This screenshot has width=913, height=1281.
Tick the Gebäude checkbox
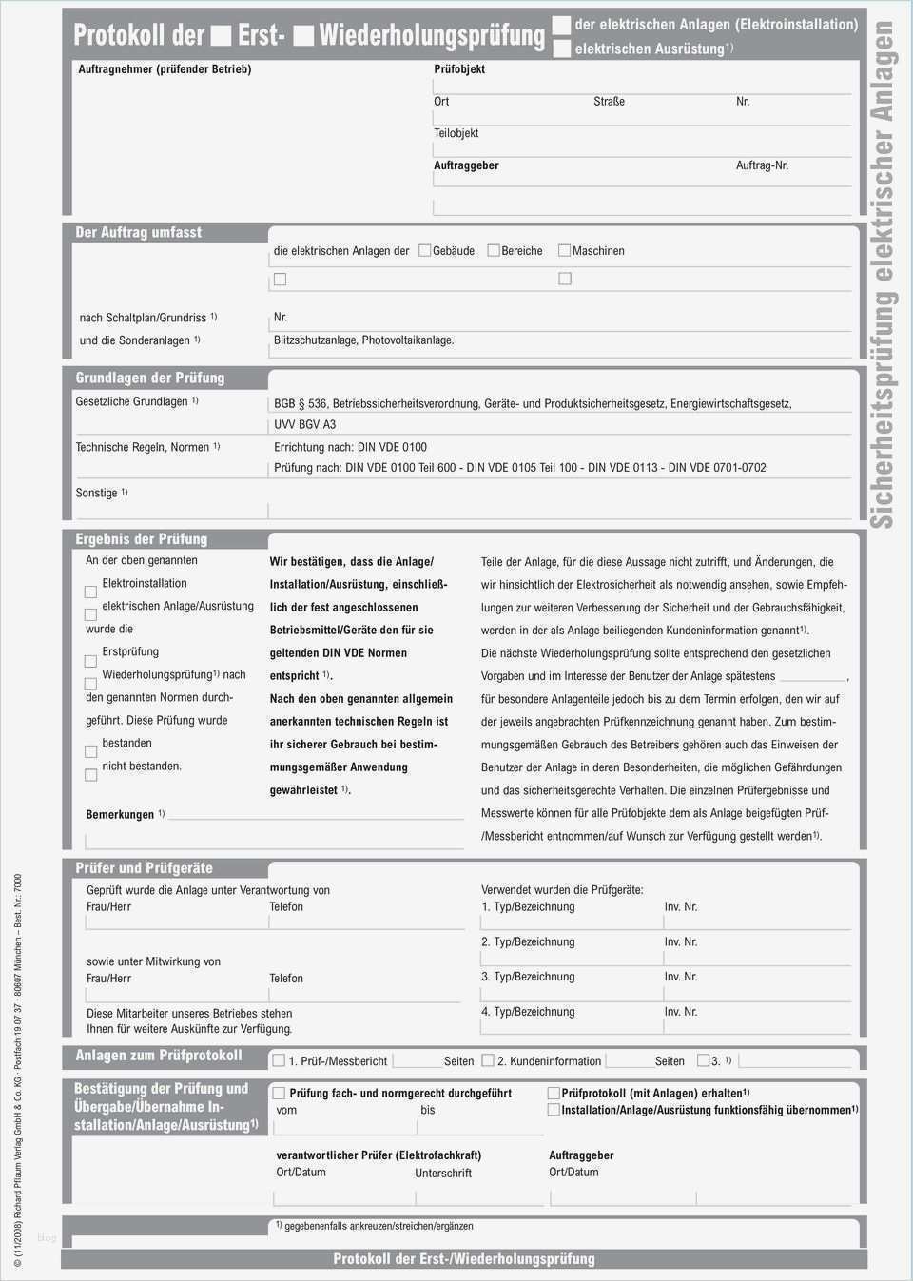pos(425,250)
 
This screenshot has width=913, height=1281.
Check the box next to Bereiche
pos(494,250)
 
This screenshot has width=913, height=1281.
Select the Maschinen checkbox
pos(564,250)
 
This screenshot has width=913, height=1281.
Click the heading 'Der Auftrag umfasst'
pos(138,232)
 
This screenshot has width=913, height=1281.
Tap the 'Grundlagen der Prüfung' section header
pos(149,378)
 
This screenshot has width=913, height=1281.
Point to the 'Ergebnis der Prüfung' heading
pos(141,538)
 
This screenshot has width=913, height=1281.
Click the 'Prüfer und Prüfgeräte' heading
pos(144,867)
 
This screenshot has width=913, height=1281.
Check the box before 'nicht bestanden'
pos(91,774)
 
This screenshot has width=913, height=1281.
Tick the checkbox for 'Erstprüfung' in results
pos(91,660)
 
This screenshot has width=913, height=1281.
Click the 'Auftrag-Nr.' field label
pos(762,165)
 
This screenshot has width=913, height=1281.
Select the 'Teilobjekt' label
pos(456,133)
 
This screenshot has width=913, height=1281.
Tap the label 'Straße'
pos(609,101)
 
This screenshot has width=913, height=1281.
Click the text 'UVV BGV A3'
pos(304,424)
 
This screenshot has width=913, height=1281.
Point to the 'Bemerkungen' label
pos(120,814)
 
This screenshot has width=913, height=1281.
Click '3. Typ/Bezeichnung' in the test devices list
pos(528,977)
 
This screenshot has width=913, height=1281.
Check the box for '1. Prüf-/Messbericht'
pos(279,1059)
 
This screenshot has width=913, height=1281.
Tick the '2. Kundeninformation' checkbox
pos(488,1059)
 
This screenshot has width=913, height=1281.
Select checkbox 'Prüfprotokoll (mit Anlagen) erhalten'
pos(554,1093)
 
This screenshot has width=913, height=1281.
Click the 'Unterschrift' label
pos(443,1173)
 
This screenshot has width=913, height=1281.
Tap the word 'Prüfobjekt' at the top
pos(459,69)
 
